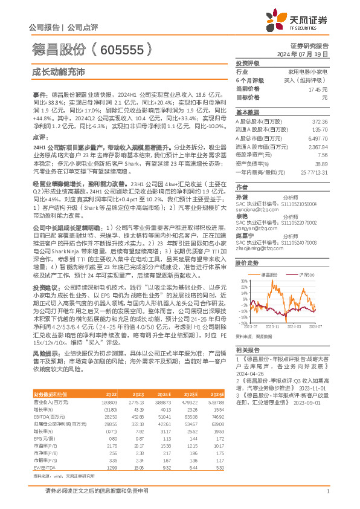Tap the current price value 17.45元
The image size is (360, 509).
pos(318,89)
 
